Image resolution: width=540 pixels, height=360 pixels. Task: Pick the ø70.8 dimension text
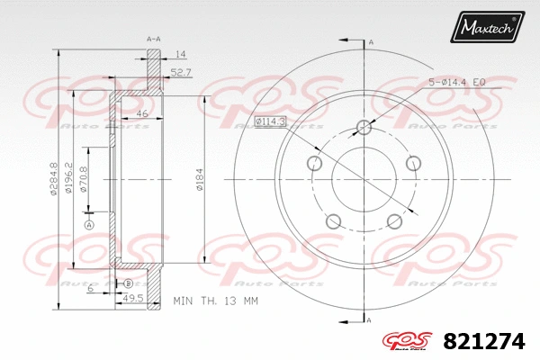84,179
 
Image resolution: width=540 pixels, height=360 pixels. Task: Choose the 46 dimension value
142,113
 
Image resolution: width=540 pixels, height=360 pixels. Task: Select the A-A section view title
154,39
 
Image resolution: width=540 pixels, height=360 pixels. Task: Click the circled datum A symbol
89,223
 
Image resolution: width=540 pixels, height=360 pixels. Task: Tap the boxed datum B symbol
128,283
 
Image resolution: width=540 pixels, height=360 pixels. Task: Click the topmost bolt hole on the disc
364,126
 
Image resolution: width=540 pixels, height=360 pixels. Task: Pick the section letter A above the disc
371,41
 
